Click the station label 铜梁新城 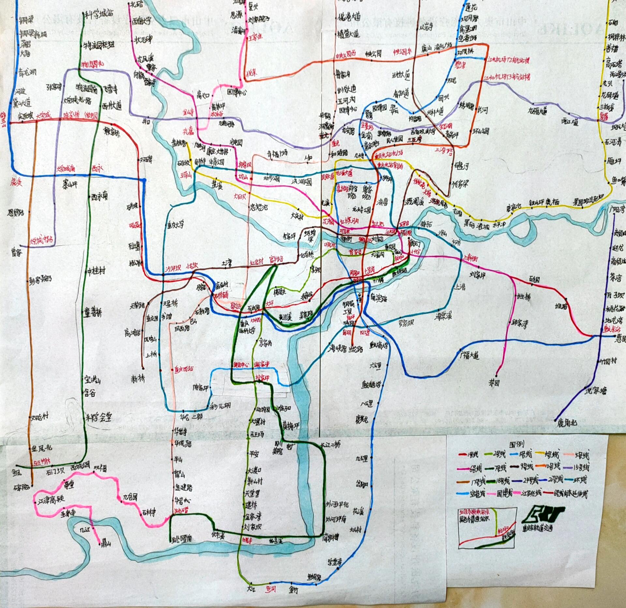[33, 33]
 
